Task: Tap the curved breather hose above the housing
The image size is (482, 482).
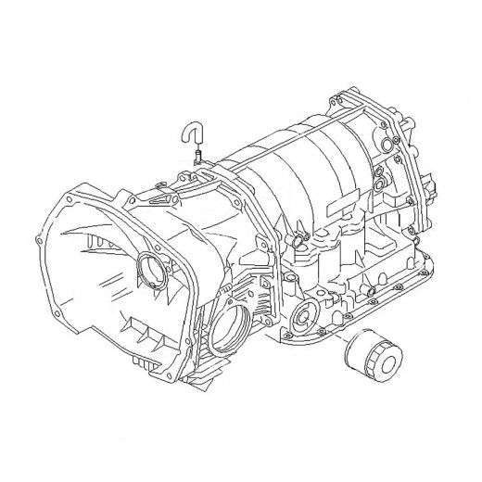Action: point(190,133)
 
